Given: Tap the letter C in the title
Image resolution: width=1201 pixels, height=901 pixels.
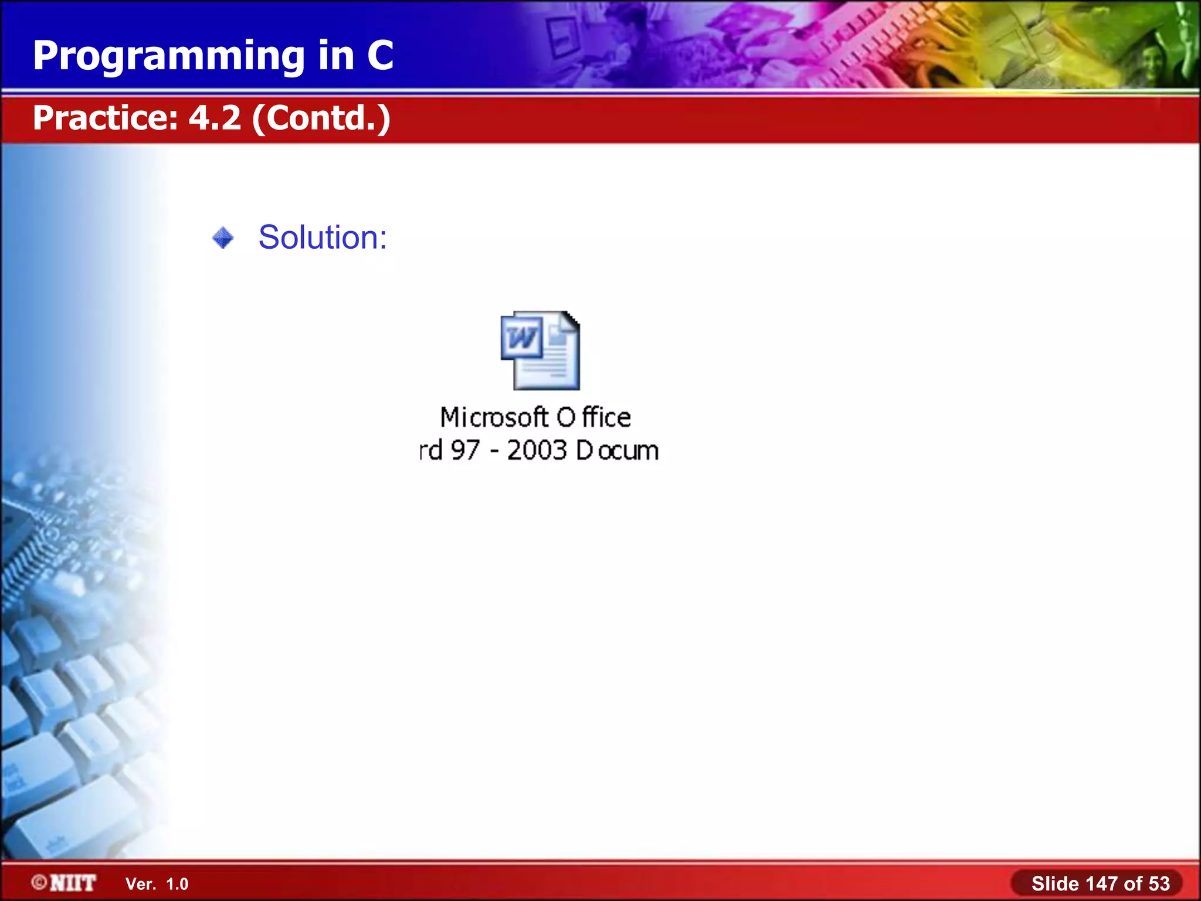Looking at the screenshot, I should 380,56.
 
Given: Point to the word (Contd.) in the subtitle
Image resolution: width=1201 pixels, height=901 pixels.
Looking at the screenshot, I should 321,118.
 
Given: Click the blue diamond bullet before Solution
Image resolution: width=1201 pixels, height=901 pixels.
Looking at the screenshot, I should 223,238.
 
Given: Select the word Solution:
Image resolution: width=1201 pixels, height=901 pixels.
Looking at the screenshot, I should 323,238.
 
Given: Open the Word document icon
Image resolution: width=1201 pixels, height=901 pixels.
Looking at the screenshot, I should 540,351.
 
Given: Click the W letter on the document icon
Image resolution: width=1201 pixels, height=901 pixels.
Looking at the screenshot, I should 521,337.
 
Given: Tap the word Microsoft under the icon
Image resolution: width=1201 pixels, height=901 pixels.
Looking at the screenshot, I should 494,418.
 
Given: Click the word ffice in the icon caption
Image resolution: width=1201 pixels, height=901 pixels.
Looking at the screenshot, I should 606,418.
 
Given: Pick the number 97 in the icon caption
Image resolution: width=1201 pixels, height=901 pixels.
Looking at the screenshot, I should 465,450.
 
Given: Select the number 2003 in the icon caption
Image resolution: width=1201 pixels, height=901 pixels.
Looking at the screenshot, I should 537,450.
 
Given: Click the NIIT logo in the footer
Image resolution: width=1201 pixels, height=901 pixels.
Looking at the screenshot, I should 73,883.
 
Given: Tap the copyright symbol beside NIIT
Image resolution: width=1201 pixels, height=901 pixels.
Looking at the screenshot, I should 39,882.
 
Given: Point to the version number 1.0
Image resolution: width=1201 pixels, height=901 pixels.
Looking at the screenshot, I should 177,884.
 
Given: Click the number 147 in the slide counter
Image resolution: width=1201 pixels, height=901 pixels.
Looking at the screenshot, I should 1102,883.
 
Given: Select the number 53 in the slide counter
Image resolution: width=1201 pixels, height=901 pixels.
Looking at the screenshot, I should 1158,883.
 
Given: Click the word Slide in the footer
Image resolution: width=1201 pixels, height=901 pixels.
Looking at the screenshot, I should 1055,883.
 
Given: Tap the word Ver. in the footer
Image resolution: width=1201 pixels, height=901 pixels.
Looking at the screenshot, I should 141,884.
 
